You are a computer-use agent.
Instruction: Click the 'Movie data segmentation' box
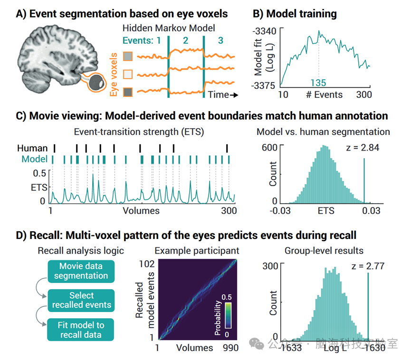coord(81,271)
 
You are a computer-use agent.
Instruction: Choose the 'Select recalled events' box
coord(81,300)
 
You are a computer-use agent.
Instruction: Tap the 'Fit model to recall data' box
coord(81,330)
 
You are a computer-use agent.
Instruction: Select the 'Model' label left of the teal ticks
coord(34,159)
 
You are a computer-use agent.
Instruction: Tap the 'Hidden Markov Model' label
coord(168,28)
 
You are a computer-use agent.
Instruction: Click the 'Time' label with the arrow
coord(222,95)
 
